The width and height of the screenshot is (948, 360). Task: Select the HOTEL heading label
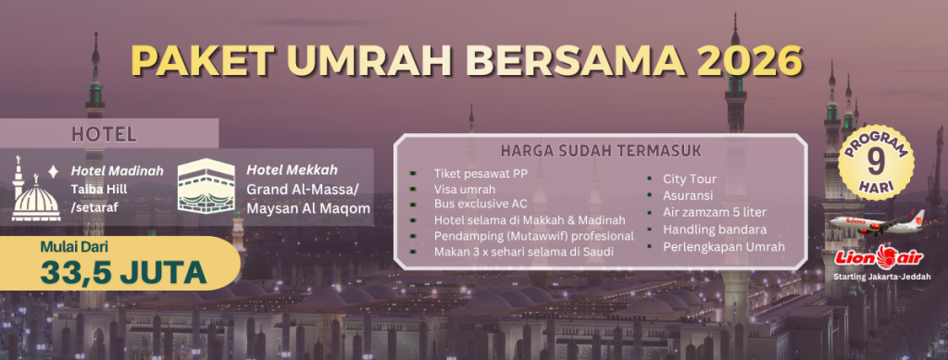pos(104,133)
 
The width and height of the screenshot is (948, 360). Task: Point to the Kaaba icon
pos(206,185)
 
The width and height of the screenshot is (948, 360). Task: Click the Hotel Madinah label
pos(118,171)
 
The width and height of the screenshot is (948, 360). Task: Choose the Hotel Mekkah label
pos(292,169)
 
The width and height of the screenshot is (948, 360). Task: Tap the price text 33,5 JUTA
pos(123,272)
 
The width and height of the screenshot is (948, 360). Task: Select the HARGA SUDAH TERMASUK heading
pos(601,151)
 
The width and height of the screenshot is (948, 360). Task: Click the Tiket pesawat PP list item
pos(480,174)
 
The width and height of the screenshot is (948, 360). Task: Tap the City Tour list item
pos(689,179)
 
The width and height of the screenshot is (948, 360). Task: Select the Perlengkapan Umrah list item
pos(724,246)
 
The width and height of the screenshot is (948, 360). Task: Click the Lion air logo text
pos(879,258)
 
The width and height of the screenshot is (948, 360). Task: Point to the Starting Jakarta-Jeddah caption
pos(879,277)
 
